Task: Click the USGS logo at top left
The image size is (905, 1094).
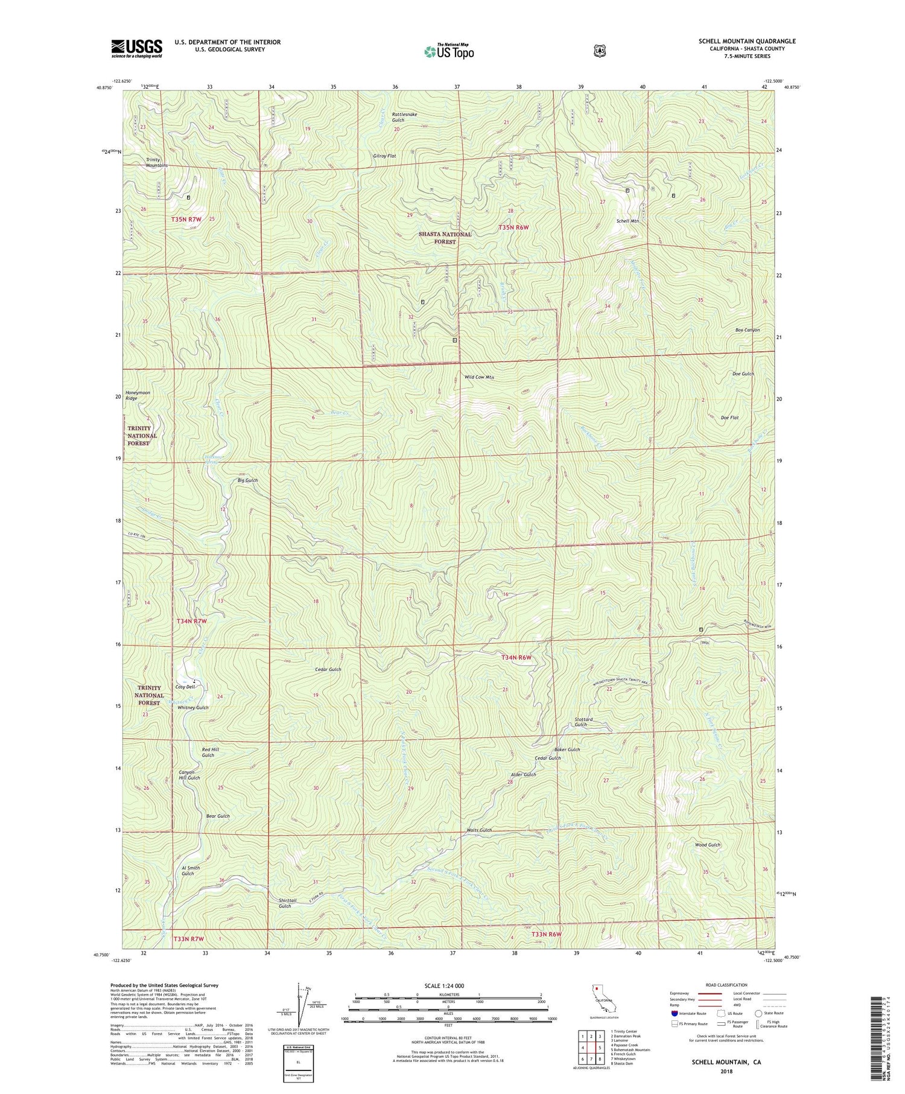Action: pyautogui.click(x=136, y=48)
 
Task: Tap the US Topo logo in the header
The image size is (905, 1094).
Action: pyautogui.click(x=449, y=51)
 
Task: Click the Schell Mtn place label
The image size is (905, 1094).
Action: pyautogui.click(x=627, y=221)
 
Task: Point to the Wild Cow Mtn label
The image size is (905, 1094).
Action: pyautogui.click(x=479, y=377)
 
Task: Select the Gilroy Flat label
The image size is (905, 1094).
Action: pyautogui.click(x=384, y=156)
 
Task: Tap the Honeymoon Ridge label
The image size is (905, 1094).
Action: pyautogui.click(x=138, y=395)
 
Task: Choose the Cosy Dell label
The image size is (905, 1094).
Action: pyautogui.click(x=185, y=687)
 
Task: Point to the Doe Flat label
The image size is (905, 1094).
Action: pyautogui.click(x=729, y=418)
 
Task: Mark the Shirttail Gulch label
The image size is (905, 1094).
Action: pyautogui.click(x=285, y=903)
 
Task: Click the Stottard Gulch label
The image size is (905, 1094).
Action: pyautogui.click(x=583, y=722)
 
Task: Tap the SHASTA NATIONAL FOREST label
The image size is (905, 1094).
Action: pyautogui.click(x=445, y=238)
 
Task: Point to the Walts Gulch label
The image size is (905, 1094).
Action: pyautogui.click(x=479, y=830)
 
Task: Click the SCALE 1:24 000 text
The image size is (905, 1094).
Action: pyautogui.click(x=444, y=986)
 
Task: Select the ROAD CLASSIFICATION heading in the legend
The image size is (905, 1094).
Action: pyautogui.click(x=726, y=985)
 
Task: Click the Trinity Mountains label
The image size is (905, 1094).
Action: pyautogui.click(x=157, y=162)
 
